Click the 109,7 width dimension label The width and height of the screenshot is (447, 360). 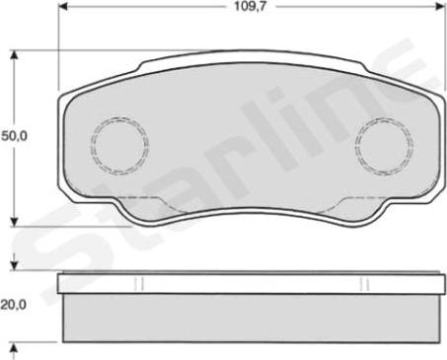click(x=250, y=6)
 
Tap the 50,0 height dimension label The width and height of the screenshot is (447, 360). click(x=14, y=136)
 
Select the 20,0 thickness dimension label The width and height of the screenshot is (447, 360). click(x=14, y=305)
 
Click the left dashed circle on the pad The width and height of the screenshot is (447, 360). click(x=119, y=145)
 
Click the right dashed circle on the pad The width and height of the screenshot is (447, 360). click(x=384, y=145)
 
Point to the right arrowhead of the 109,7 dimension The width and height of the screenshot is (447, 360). click(x=438, y=6)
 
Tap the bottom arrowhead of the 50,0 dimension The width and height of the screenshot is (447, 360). click(x=14, y=220)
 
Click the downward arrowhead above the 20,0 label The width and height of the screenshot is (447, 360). click(x=14, y=264)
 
